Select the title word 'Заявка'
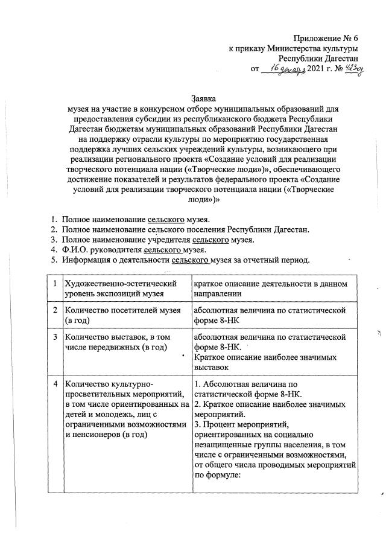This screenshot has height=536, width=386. [x=203, y=98]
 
